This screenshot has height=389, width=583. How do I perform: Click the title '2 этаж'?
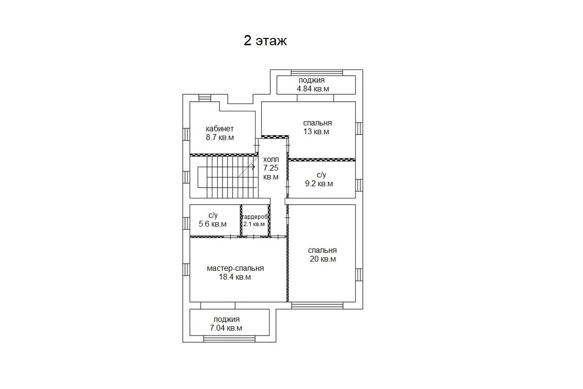(265, 41)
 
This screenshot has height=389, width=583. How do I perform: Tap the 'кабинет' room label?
(220, 129)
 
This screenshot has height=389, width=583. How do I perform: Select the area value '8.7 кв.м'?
(220, 137)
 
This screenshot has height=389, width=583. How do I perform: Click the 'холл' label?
(271, 159)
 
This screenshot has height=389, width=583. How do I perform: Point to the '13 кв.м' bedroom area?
(316, 132)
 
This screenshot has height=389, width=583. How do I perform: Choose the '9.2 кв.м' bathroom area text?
(319, 184)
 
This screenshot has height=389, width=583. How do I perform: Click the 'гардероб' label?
(255, 217)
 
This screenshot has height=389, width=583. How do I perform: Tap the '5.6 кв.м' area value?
(213, 224)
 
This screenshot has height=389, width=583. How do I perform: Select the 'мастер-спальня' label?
(235, 268)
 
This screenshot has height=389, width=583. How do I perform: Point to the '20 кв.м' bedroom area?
(323, 259)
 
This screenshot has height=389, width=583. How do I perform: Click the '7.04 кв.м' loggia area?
(226, 328)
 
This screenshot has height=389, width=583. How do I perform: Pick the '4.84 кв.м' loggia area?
(313, 89)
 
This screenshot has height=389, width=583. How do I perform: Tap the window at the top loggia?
(317, 72)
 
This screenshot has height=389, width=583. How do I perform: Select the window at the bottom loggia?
(229, 339)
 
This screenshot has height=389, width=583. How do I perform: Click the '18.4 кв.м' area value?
(235, 277)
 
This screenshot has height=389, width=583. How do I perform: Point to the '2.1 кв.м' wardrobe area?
(254, 224)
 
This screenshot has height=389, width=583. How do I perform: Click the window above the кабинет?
(205, 98)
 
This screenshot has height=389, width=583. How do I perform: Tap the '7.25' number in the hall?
(271, 168)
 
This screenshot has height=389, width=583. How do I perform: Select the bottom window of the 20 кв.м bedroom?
(317, 305)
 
